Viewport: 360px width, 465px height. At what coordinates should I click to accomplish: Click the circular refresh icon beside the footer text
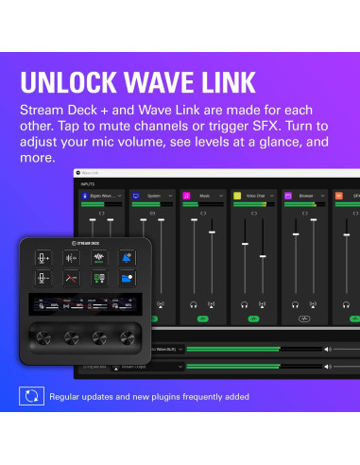pos(31,396)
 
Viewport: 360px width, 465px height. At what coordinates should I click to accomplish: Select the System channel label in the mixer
pos(152,196)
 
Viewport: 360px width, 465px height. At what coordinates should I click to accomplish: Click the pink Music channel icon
pos(188,196)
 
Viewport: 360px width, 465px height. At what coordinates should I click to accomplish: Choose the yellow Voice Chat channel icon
pos(238,196)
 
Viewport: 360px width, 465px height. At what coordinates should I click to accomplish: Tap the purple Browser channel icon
pos(289,196)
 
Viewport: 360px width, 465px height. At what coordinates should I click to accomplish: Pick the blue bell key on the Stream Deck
pos(126,258)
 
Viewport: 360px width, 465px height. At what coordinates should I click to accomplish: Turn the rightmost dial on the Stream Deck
pos(126,336)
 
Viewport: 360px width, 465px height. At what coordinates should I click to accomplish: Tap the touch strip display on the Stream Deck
pos(85,305)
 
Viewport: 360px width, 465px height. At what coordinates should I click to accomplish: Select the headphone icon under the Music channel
pos(194,304)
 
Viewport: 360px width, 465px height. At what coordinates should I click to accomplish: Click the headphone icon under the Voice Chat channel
pos(244,304)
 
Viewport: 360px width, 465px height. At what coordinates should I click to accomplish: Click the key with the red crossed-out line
pos(72,279)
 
